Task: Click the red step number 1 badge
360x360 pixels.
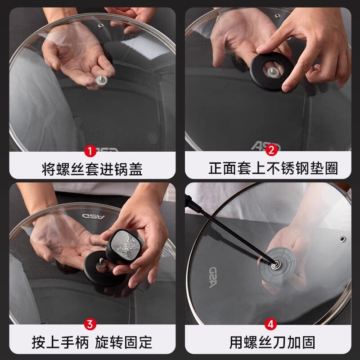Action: [x=90, y=151]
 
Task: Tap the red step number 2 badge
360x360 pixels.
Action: [x=271, y=150]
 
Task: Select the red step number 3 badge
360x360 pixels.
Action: [x=90, y=324]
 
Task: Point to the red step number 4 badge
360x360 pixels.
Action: [x=271, y=324]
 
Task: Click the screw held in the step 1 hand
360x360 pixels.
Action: [x=101, y=80]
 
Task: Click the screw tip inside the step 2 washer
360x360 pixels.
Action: [x=273, y=72]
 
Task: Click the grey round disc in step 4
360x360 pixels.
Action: [x=277, y=265]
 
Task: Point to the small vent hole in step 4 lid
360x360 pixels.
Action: [x=342, y=239]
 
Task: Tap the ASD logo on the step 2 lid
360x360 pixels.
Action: [x=265, y=146]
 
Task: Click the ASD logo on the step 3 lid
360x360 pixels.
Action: [x=94, y=216]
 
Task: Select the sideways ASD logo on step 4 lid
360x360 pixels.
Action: [x=213, y=277]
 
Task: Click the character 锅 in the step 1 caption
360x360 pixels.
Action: [x=121, y=169]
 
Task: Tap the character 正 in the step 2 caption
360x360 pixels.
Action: [x=216, y=168]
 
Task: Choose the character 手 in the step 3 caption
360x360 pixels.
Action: [x=67, y=342]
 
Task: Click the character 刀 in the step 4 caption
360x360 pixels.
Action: [x=279, y=342]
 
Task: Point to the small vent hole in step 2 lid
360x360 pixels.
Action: [x=278, y=16]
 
